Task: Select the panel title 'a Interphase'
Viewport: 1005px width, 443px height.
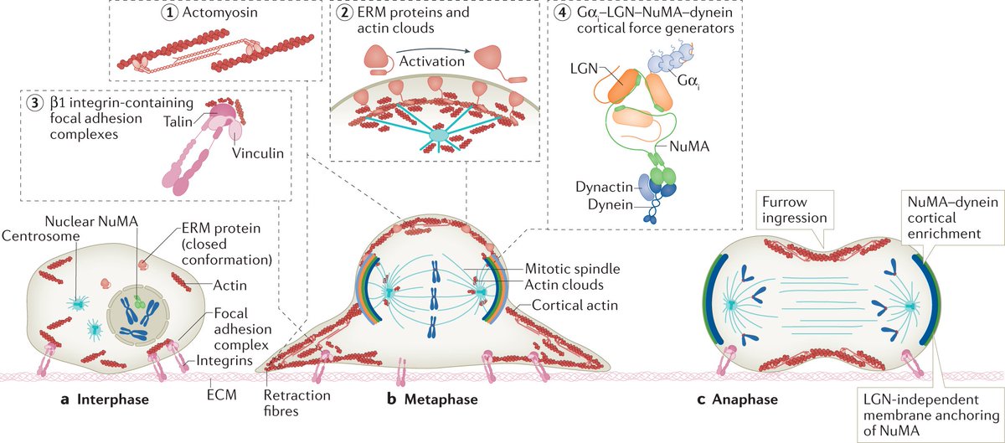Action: click(x=105, y=399)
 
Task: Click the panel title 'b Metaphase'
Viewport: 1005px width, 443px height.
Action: click(x=432, y=399)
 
